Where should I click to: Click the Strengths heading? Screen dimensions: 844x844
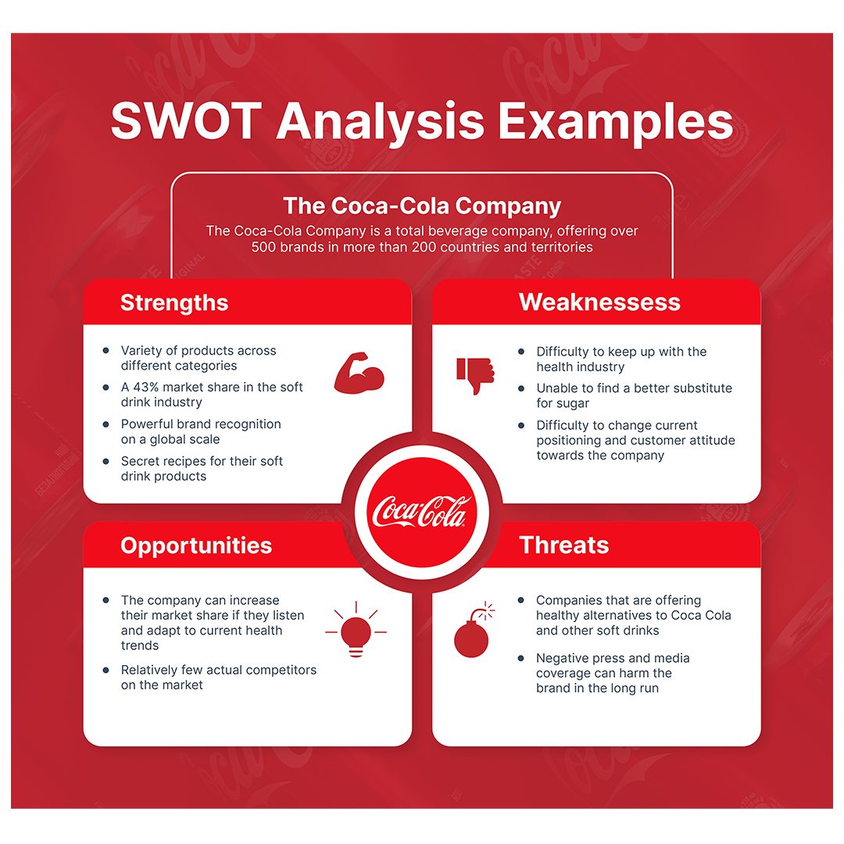174,303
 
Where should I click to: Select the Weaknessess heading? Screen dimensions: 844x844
599,303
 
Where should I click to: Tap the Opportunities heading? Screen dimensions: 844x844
196,545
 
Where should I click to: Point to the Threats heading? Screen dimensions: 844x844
563,545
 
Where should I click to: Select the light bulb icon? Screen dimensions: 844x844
356,630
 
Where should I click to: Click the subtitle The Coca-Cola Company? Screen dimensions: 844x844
422,206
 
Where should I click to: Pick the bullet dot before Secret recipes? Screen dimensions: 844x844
105,461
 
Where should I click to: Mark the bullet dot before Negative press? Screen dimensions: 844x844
521,658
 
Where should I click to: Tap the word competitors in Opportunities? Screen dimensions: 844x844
279,670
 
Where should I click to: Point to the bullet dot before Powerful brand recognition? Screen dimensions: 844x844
105,424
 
